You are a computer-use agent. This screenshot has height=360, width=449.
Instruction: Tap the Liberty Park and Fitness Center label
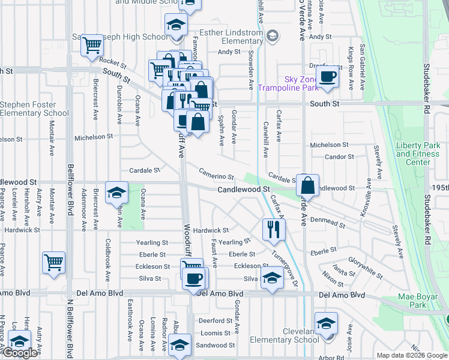point(418,154)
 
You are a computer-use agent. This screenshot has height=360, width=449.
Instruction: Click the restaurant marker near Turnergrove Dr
point(273,229)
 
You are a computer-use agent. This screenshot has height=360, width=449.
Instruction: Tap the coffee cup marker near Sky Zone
point(327,77)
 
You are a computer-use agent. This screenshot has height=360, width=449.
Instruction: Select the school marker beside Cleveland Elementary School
point(326,323)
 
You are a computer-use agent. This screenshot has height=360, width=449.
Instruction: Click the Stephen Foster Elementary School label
point(34,109)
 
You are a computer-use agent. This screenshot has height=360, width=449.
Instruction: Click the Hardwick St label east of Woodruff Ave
point(211,230)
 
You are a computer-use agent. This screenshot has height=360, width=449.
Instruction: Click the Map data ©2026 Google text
point(412,355)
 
